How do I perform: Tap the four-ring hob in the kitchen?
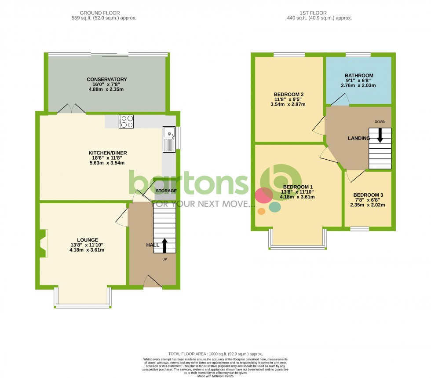126,121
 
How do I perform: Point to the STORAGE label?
166,191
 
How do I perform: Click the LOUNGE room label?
87,240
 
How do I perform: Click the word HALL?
152,245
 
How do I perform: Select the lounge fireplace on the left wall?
43,243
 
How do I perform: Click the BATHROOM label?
359,76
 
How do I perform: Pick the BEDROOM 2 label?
289,95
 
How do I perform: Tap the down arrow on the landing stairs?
380,135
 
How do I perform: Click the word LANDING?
358,138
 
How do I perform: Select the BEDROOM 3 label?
368,195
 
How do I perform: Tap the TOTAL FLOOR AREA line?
215,354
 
